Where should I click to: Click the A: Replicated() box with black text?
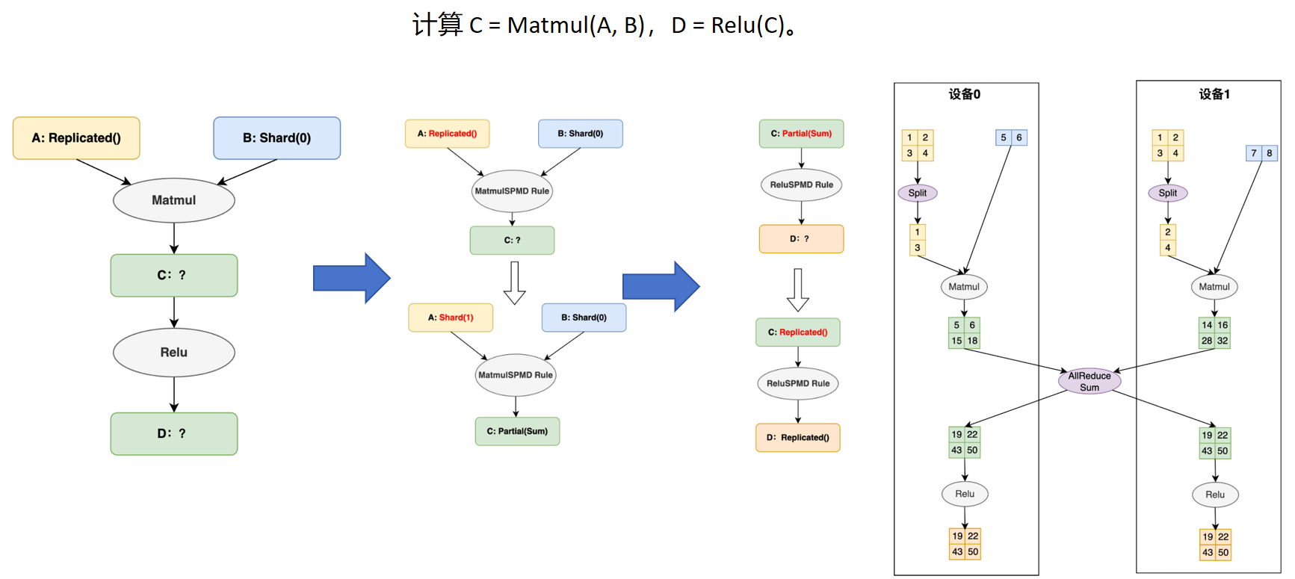76,138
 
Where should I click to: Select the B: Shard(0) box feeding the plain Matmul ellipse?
276,138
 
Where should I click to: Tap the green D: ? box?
173,433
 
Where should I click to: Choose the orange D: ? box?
800,239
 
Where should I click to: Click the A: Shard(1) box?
451,318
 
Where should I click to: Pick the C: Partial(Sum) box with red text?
801,134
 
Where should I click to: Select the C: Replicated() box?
797,332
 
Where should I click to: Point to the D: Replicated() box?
797,438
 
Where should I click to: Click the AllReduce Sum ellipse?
1089,381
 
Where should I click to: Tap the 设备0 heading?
964,94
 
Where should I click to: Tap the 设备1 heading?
1214,94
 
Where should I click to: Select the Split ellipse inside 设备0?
917,193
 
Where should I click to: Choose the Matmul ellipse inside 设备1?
1214,287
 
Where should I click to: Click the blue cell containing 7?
1253,153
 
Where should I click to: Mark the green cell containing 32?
1223,341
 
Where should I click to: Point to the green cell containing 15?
956,341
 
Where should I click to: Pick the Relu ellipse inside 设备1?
1214,495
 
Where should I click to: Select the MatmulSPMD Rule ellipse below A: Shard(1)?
515,375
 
